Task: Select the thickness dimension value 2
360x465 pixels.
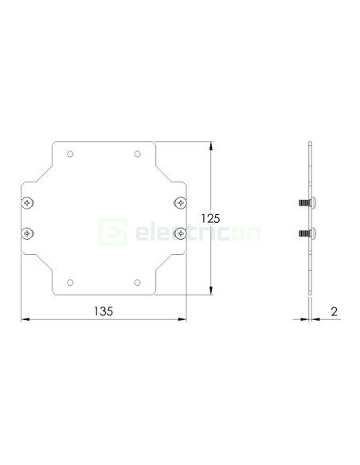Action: pyautogui.click(x=334, y=312)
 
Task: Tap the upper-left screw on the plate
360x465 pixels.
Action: pyautogui.click(x=29, y=202)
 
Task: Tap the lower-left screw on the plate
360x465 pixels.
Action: pyautogui.click(x=29, y=233)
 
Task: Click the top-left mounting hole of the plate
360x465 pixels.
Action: pyautogui.click(x=71, y=154)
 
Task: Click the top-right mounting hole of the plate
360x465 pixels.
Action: pyautogui.click(x=137, y=154)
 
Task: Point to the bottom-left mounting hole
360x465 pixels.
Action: pyautogui.click(x=71, y=283)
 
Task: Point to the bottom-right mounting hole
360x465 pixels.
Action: pyautogui.click(x=137, y=283)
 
